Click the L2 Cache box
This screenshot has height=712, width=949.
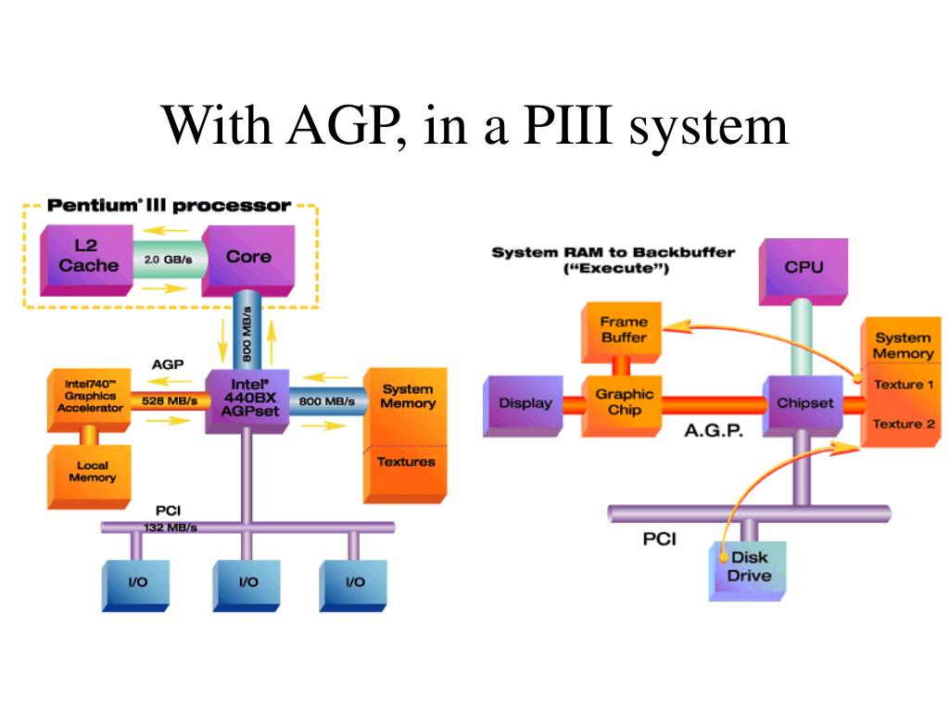(86, 261)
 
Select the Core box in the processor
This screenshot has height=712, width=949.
(248, 261)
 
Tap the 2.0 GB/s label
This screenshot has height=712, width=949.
(169, 260)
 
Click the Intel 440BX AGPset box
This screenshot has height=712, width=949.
(247, 400)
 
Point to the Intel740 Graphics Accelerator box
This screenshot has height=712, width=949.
(89, 400)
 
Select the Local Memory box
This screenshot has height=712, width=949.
(89, 477)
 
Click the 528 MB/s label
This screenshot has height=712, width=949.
(170, 400)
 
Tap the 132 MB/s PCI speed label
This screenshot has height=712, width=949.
(171, 528)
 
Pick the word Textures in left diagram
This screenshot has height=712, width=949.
(406, 462)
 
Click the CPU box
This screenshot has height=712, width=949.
(803, 272)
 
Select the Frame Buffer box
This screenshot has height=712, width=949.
(622, 332)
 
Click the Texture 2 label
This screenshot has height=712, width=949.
(904, 424)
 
